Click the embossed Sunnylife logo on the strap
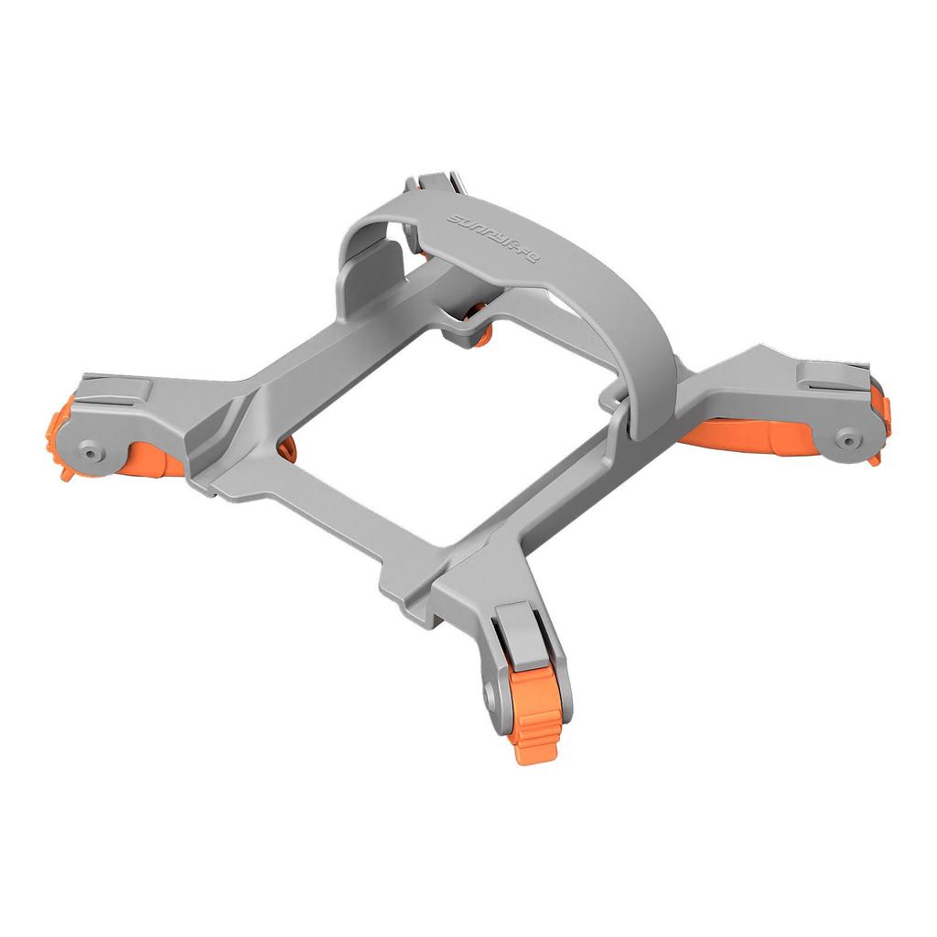tap(494, 241)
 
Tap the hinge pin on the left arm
tap(90, 451)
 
